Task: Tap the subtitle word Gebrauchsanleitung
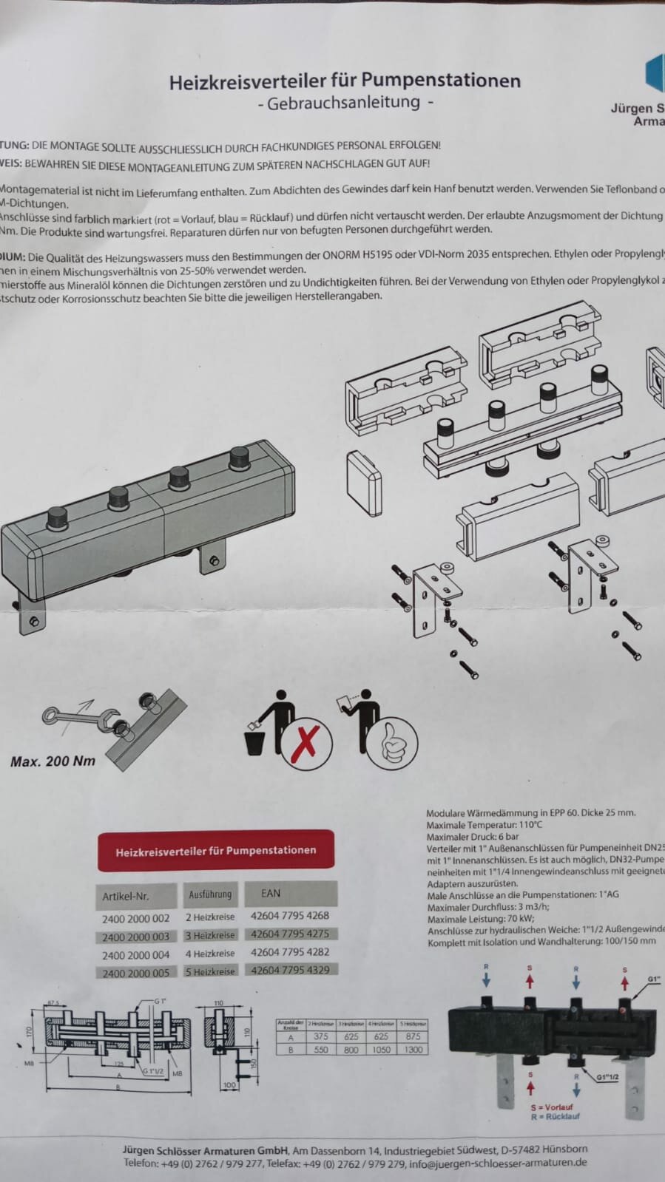(x=344, y=103)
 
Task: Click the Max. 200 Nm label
(x=53, y=761)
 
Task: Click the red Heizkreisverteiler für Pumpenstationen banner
(x=215, y=851)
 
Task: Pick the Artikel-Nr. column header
(x=126, y=896)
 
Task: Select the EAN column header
(x=271, y=893)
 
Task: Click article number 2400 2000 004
(x=136, y=955)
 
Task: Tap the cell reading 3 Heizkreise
(x=211, y=935)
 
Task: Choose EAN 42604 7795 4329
(x=290, y=969)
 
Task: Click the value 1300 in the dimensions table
(x=413, y=1049)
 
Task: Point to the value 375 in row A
(x=320, y=1037)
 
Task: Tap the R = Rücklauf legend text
(x=555, y=1116)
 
